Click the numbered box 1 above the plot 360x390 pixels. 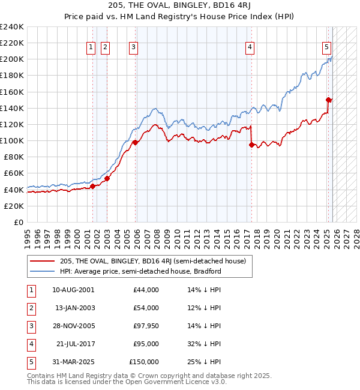(91, 47)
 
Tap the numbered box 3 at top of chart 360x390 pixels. (133, 47)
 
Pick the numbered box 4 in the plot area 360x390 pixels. (249, 47)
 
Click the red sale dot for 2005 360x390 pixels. (135, 143)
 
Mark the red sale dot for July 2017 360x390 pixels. (251, 145)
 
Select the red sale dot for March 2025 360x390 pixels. (328, 100)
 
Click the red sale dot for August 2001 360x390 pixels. (92, 186)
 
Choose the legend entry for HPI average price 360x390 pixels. (140, 271)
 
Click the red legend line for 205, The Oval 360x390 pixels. (43, 261)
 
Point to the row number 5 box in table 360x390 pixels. (30, 362)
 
